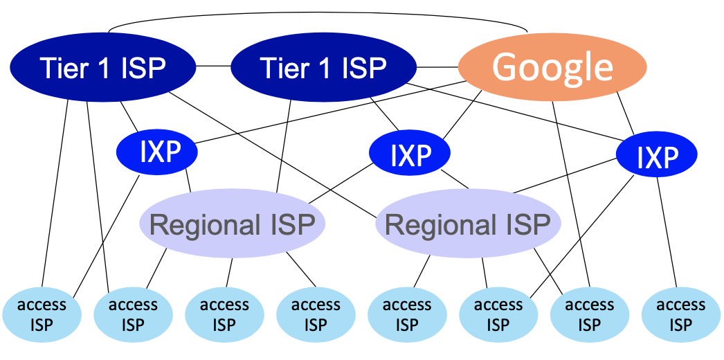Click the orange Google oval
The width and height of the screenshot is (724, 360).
point(552,67)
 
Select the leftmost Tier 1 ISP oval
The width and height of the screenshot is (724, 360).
point(102,68)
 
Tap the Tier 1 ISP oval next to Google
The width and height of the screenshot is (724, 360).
point(323,68)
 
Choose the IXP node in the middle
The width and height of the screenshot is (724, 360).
point(410,154)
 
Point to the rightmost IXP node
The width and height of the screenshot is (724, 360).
point(656,156)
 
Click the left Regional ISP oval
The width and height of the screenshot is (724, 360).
point(233,225)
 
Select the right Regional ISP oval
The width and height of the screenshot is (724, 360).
point(468,225)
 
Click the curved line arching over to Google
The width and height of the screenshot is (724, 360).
point(318,12)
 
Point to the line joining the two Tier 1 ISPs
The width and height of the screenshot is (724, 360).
point(213,66)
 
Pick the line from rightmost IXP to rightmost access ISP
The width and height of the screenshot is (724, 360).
point(667,232)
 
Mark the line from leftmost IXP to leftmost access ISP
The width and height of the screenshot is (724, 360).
point(107,235)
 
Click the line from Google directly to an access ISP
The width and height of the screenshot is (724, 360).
point(571,194)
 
